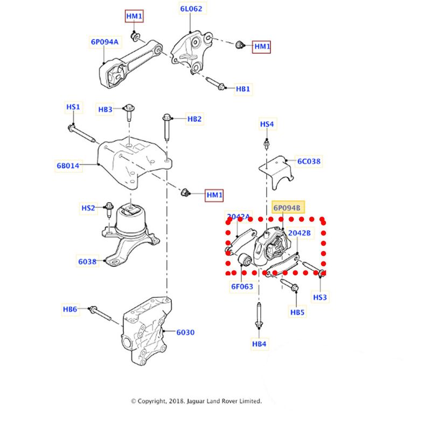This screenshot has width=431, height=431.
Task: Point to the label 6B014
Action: point(68,166)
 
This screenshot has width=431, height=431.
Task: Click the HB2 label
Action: point(194,119)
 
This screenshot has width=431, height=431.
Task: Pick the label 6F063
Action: point(242,287)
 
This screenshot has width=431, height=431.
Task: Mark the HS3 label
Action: point(321,297)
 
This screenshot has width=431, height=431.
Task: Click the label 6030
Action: point(185,332)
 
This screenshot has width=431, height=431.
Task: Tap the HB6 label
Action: point(71,309)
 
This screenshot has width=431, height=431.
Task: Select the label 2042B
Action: point(300,233)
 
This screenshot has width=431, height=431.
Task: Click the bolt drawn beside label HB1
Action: point(215,84)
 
